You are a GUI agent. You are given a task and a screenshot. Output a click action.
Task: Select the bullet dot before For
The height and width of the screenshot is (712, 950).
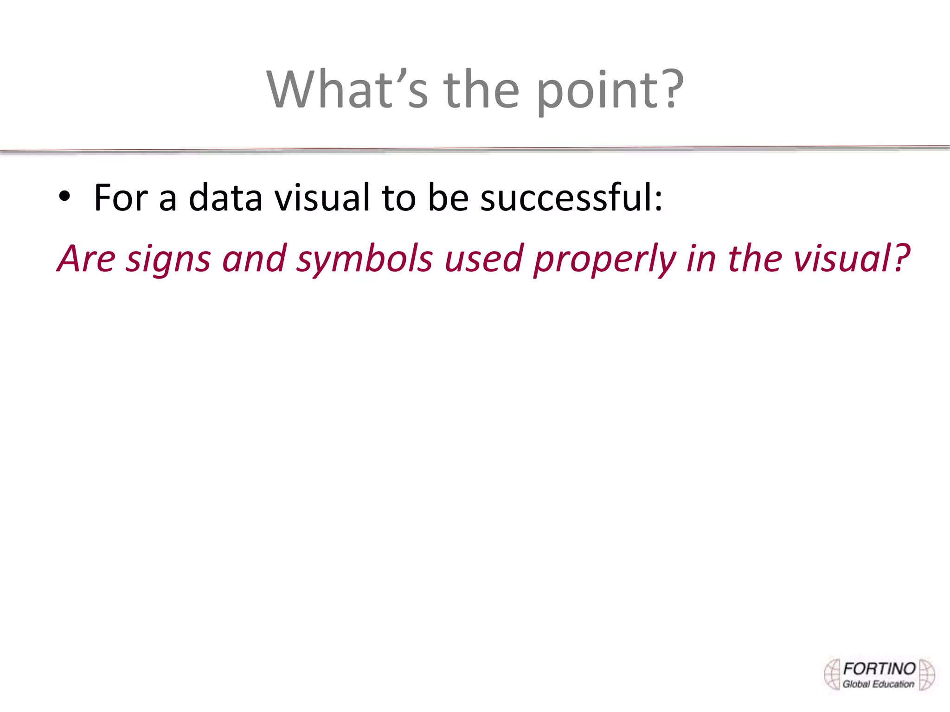point(64,197)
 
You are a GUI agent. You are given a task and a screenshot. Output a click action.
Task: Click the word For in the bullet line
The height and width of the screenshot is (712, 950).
point(121,198)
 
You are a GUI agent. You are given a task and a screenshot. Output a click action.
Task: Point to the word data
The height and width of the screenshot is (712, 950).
point(225,198)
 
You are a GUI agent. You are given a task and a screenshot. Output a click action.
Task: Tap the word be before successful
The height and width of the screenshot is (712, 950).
point(448,198)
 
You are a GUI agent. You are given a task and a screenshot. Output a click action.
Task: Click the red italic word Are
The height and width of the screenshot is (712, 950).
point(87,259)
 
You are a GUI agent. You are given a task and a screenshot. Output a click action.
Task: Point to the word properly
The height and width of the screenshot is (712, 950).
point(605,261)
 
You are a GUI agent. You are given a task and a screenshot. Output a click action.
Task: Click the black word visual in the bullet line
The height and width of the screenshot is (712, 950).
point(322,198)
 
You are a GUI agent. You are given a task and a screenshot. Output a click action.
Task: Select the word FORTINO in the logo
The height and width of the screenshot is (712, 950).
point(879,669)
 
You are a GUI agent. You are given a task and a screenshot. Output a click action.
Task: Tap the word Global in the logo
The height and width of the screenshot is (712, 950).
point(856,684)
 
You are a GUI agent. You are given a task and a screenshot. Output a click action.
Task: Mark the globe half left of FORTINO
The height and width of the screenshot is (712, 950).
point(833,674)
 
